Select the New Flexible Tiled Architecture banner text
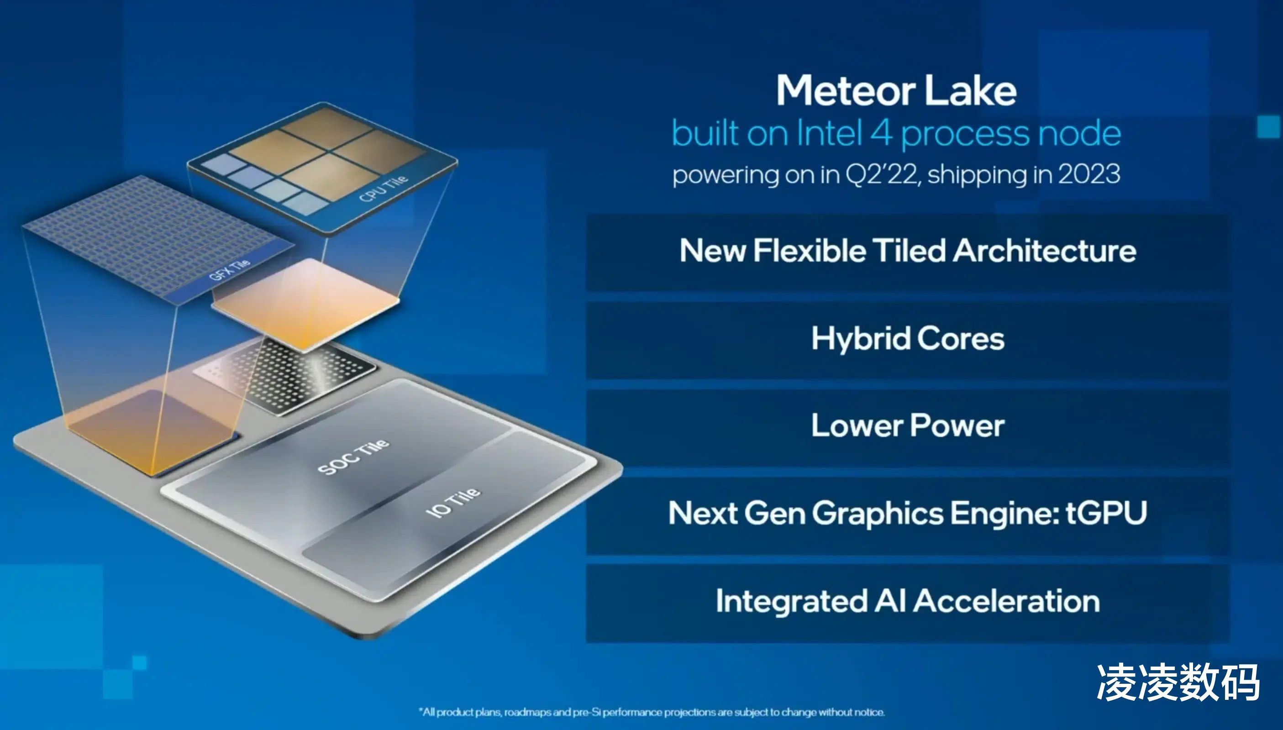(x=908, y=250)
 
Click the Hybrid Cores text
(x=908, y=339)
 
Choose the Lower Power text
(x=908, y=425)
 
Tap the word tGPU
(x=1106, y=512)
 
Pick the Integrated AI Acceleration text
(x=908, y=601)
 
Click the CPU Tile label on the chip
(x=384, y=188)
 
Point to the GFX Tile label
(x=229, y=270)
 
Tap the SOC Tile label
(x=353, y=457)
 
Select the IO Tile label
(x=453, y=502)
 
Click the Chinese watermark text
(x=1178, y=683)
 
